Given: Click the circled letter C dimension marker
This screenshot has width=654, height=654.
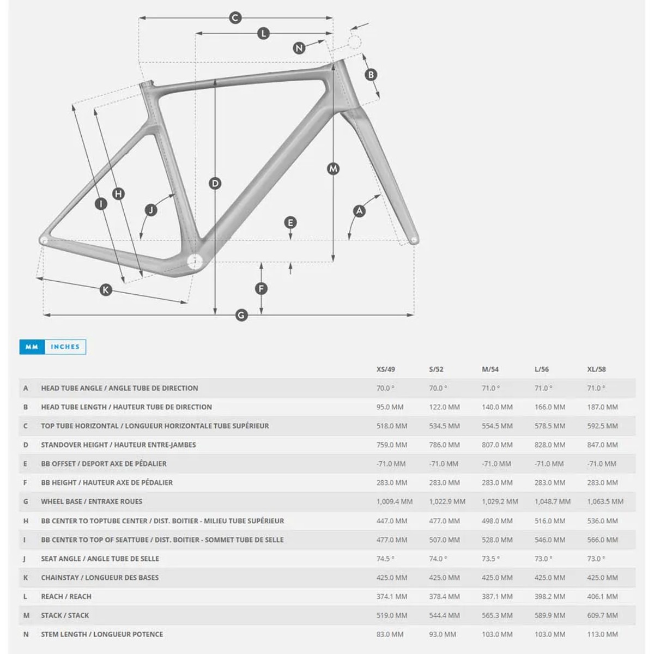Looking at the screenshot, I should (235, 18).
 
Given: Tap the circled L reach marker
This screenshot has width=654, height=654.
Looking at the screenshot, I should (263, 34).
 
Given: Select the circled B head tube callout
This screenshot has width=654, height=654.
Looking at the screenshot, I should (371, 75).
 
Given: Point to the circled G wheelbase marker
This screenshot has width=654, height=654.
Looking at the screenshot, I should (241, 314).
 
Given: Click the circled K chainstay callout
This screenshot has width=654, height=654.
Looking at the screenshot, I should (106, 290).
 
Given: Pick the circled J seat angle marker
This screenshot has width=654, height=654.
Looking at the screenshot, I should (151, 210).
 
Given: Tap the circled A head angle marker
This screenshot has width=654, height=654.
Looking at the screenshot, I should (359, 211).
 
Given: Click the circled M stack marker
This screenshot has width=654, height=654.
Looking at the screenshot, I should (333, 169).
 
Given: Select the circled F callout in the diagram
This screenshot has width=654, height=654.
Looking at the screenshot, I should (262, 288).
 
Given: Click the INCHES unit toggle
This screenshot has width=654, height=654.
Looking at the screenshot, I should (65, 347).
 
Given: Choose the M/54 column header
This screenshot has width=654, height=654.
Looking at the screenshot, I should (490, 369).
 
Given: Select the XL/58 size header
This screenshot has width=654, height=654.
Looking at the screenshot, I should (596, 369).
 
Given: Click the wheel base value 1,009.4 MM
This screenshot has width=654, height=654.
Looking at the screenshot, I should (394, 501).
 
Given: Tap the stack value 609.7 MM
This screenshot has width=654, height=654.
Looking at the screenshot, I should (602, 615).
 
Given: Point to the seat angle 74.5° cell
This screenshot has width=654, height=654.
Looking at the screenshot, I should (385, 559).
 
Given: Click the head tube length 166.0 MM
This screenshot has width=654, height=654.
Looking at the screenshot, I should (549, 407).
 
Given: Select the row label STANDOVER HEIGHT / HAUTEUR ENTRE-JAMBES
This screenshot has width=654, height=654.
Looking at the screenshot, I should (118, 445).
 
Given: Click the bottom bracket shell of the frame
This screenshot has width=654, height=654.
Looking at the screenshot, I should (195, 262).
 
